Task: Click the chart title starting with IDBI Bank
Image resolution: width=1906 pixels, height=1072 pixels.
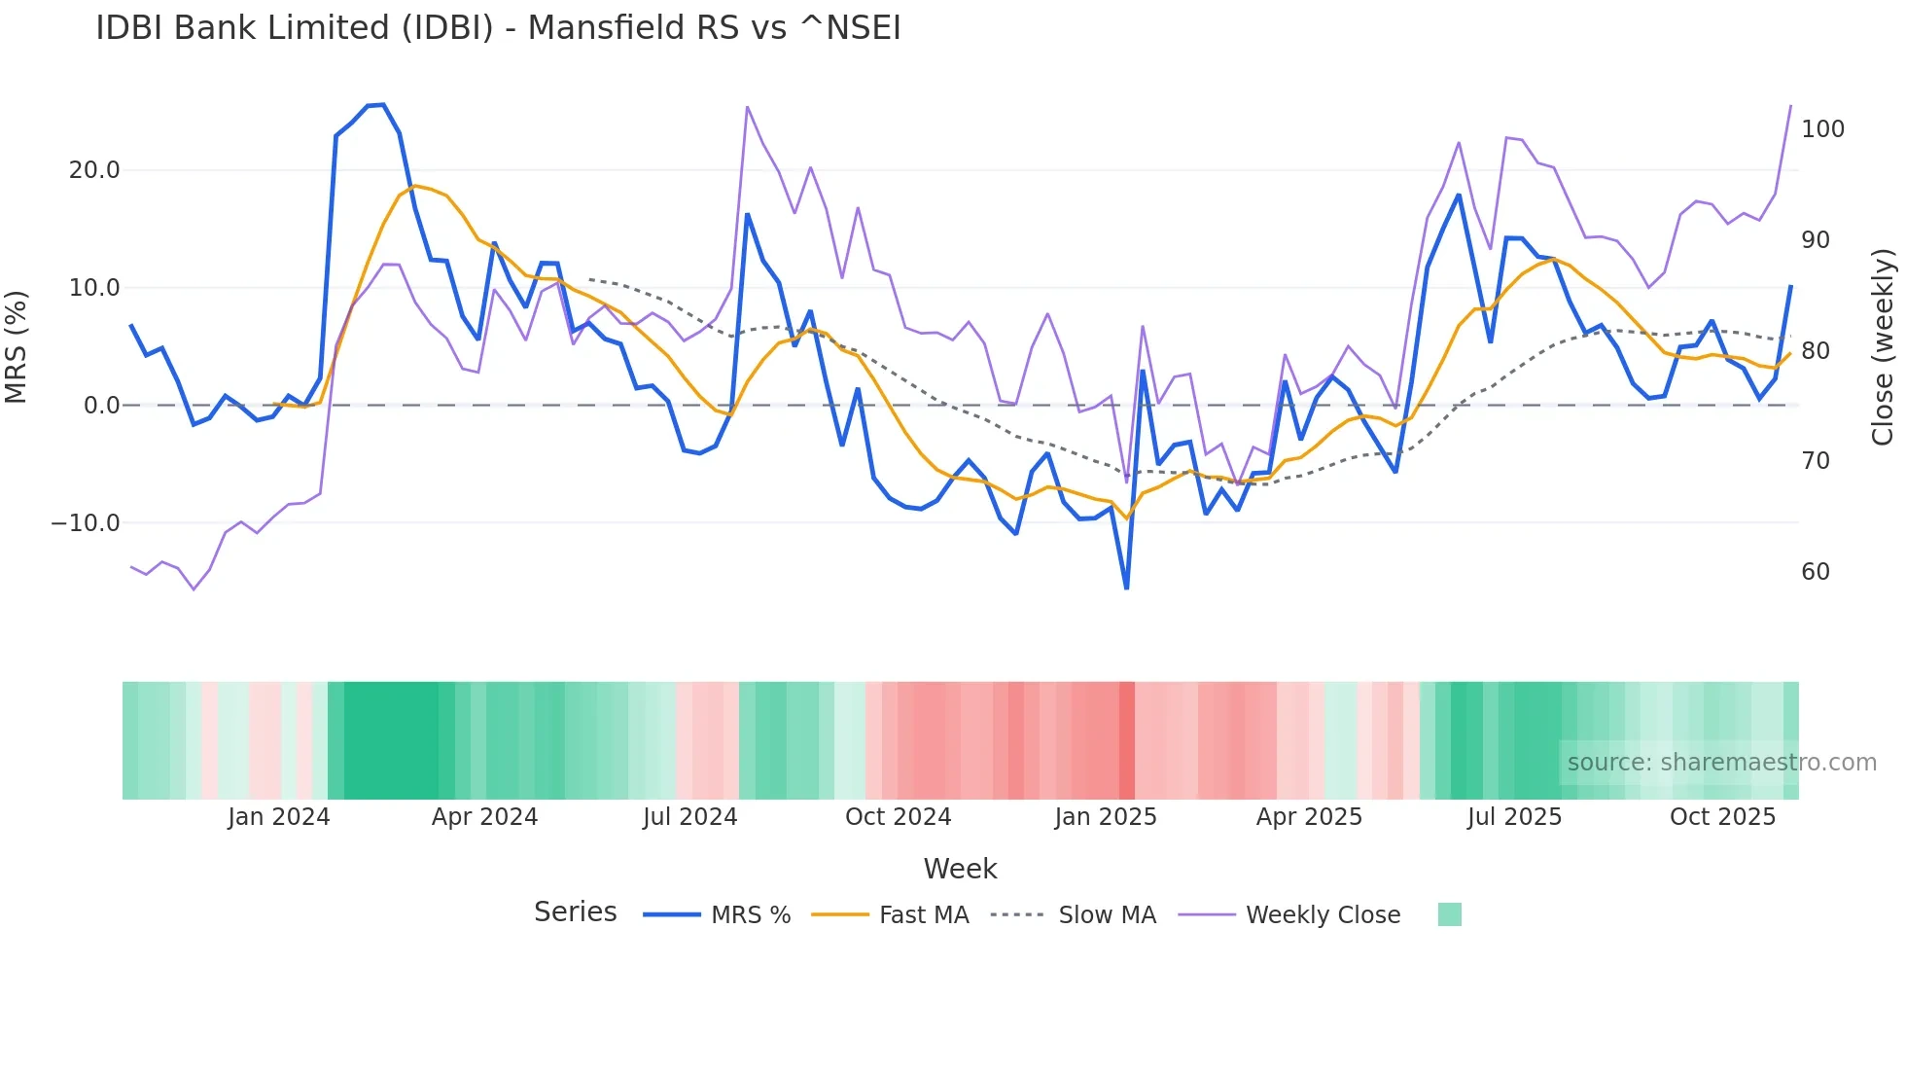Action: coord(498,28)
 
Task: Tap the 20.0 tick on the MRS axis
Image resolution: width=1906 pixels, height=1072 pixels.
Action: coord(94,170)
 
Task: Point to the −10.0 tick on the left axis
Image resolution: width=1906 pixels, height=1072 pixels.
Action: coord(86,523)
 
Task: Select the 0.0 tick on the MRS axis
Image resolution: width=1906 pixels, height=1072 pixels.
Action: coord(101,406)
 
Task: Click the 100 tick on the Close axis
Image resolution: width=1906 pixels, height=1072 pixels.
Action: coord(1822,129)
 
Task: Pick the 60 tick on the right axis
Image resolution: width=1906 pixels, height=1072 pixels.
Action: coord(1815,572)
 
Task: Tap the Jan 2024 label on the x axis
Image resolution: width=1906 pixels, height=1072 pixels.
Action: coord(279,817)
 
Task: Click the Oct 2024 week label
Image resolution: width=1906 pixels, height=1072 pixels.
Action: coord(898,817)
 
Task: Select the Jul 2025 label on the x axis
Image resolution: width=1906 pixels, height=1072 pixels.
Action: coord(1514,817)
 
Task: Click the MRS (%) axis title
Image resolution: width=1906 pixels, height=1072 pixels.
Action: coord(17,346)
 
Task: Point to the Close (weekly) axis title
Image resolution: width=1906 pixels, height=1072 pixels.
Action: coord(1883,346)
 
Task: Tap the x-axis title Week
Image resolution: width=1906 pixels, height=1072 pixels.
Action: coord(960,869)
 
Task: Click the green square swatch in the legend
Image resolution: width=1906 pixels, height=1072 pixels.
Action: coord(1449,914)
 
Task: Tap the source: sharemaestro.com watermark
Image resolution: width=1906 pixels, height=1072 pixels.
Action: coord(1721,763)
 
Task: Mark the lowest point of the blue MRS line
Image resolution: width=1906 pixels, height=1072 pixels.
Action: coord(1126,588)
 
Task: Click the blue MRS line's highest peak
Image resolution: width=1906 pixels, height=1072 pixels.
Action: coord(383,105)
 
